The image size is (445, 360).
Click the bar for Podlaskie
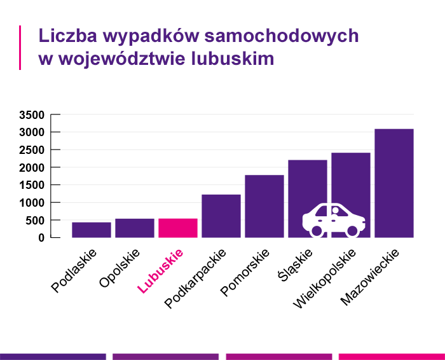click(x=92, y=230)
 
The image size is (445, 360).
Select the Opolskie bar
click(x=135, y=228)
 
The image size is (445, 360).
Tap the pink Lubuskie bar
click(x=178, y=228)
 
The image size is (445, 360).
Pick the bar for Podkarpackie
click(x=221, y=216)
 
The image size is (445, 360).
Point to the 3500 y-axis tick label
click(x=31, y=115)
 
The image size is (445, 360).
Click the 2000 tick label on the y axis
click(x=31, y=168)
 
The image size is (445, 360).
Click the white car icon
click(x=333, y=220)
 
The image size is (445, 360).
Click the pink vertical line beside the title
click(x=20, y=47)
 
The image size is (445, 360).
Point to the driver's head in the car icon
click(x=335, y=211)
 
